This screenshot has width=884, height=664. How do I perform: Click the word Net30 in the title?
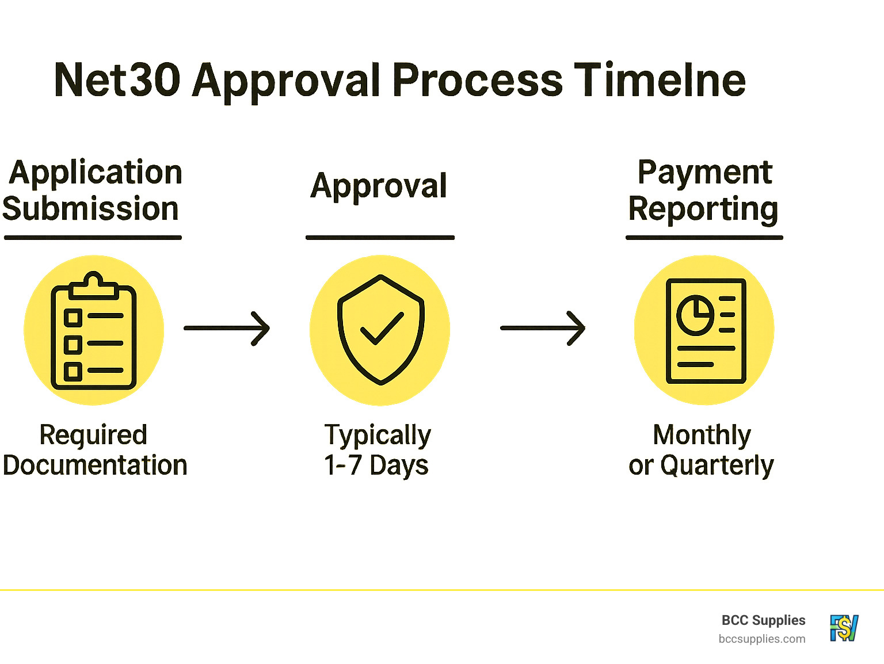point(117,80)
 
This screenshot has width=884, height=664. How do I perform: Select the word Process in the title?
point(477,80)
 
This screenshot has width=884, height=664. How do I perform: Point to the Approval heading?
point(379,186)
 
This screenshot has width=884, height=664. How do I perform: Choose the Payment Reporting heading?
point(703,190)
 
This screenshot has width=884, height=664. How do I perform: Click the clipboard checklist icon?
point(94,331)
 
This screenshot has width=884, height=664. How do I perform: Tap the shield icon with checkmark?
point(380,330)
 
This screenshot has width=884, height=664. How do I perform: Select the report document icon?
point(706,331)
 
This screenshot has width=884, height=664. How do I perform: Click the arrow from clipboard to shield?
point(227,329)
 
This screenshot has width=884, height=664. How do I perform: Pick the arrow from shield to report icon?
point(542,329)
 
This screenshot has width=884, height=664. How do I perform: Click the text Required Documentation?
point(94,450)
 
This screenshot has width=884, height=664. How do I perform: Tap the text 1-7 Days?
point(376,465)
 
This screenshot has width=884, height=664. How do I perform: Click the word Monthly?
point(702,435)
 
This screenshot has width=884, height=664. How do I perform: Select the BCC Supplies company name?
point(763,620)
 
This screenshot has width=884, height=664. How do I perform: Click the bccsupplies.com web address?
point(762,639)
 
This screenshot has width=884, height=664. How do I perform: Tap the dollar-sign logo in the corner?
point(844,628)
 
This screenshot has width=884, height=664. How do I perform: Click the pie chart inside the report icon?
point(695,315)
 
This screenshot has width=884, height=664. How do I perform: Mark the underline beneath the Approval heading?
point(380,237)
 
